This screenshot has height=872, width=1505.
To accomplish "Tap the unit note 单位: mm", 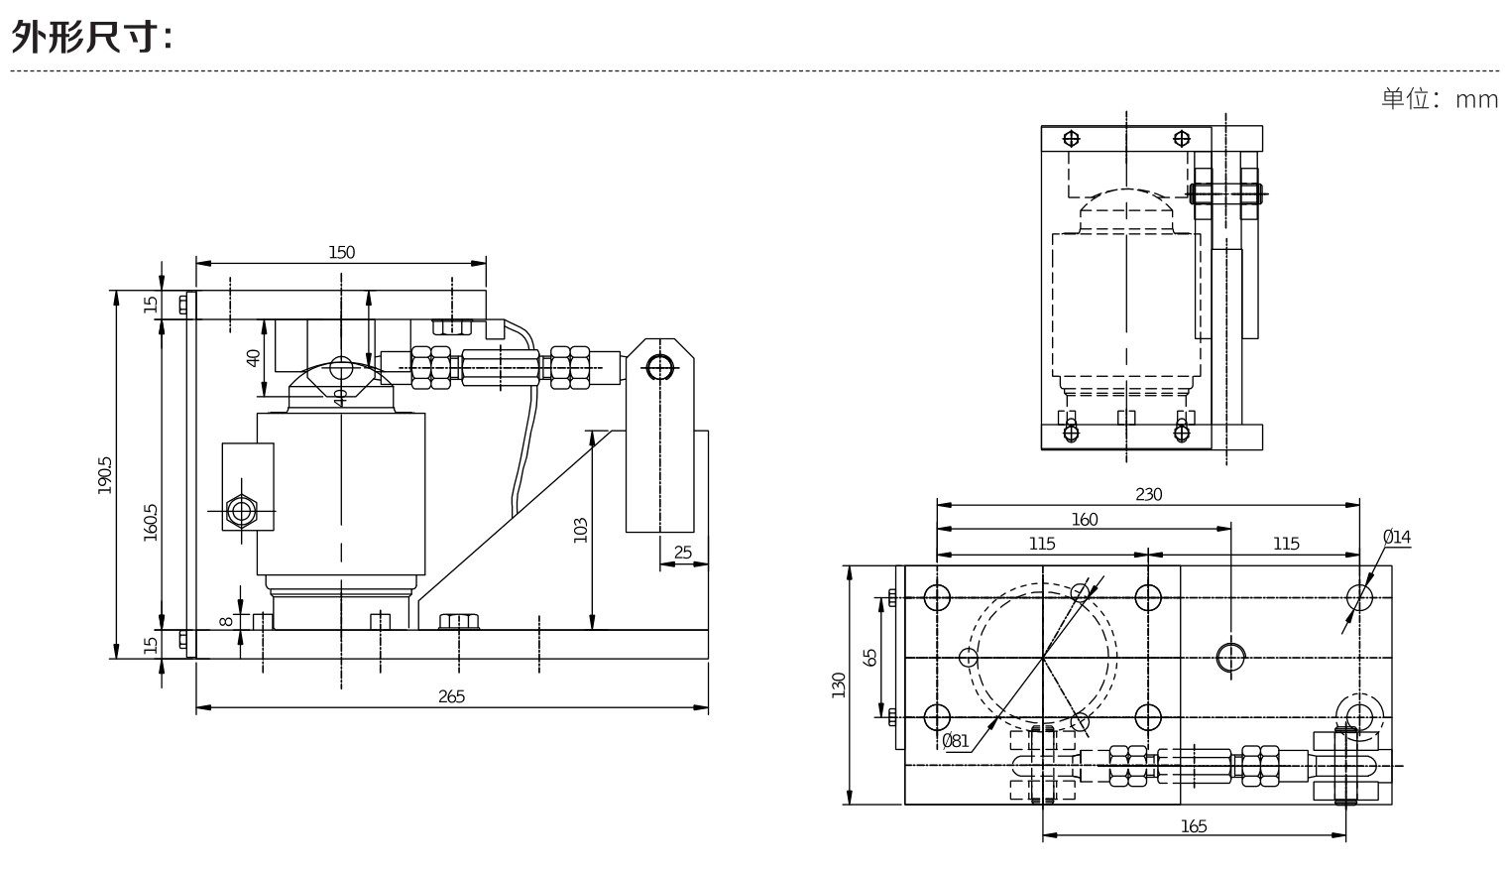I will (x=1439, y=99).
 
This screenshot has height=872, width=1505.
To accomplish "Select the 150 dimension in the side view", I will (x=341, y=252).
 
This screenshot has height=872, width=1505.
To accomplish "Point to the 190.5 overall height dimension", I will (x=105, y=474).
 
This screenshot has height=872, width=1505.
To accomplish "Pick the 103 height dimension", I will (x=581, y=529).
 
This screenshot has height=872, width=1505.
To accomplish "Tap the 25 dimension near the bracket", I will (x=683, y=553).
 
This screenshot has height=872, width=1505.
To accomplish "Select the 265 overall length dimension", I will (x=451, y=696).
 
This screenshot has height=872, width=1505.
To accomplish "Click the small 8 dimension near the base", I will (x=226, y=621).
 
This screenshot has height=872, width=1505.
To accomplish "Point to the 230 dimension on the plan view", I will (x=1148, y=494).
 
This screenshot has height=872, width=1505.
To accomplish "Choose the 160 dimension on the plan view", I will (x=1085, y=519).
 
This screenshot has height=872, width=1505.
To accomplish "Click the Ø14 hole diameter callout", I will (x=1396, y=538).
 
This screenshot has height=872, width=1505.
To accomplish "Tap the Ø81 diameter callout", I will (x=955, y=740).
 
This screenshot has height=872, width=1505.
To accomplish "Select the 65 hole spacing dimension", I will (x=870, y=657).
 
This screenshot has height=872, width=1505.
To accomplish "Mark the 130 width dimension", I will (x=838, y=685).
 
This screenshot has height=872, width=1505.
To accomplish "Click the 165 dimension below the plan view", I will (x=1194, y=825).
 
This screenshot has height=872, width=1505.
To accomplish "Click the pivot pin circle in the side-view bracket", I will (x=658, y=367).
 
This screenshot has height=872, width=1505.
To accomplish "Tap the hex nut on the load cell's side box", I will (x=241, y=511).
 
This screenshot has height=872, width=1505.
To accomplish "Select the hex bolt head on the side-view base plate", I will (x=458, y=622).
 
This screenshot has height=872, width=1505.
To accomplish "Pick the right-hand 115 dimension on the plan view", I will (x=1285, y=544).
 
